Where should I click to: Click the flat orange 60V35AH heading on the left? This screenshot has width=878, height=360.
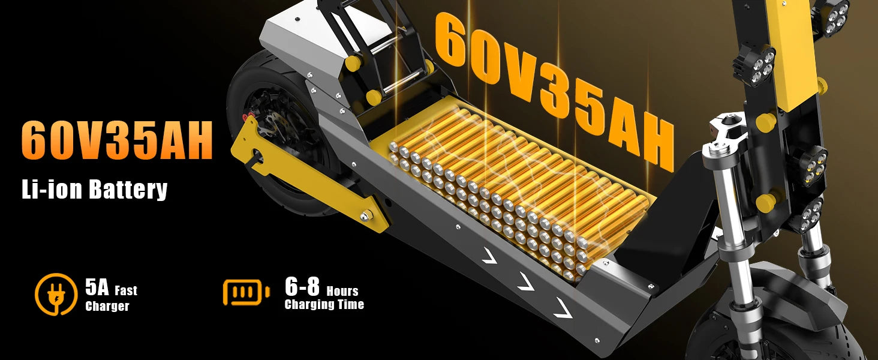tap(117, 140)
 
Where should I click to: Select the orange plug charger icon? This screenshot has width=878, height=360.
tap(56, 294)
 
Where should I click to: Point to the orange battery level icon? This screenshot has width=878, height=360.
tap(246, 292)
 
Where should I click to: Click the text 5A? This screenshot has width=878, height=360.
tap(97, 287)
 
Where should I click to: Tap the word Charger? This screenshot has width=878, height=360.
tap(107, 306)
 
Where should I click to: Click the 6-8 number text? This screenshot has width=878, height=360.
tap(302, 287)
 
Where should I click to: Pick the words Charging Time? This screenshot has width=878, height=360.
tap(324, 304)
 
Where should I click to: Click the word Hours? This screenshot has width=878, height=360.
tap(342, 291)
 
